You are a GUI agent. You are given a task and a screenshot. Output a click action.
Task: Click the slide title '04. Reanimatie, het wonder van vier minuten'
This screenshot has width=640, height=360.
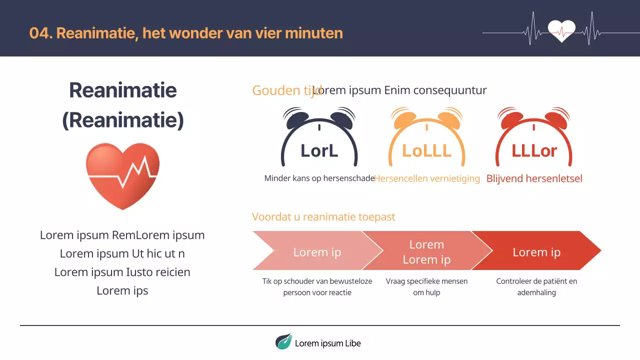pyautogui.click(x=186, y=33)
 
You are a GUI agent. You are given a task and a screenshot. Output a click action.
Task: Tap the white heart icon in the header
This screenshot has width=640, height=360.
pyautogui.click(x=561, y=30)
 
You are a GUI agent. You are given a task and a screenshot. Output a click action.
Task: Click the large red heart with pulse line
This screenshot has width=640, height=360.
pyautogui.click(x=122, y=175)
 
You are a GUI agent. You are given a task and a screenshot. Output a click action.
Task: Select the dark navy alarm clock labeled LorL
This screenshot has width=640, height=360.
pyautogui.click(x=319, y=137)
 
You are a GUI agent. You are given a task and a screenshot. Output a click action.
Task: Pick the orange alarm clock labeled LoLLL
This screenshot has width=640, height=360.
pyautogui.click(x=426, y=137)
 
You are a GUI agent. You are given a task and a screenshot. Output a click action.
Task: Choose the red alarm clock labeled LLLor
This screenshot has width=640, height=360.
pyautogui.click(x=534, y=137)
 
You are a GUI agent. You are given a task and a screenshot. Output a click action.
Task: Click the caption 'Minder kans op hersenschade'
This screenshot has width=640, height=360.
pyautogui.click(x=319, y=178)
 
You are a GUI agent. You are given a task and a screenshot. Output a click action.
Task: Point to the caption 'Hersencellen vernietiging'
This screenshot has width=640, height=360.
pyautogui.click(x=427, y=178)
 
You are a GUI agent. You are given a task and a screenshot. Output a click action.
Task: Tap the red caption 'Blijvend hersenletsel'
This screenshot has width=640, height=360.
pyautogui.click(x=534, y=178)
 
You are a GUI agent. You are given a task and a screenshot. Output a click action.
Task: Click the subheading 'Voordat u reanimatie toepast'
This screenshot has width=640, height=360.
pyautogui.click(x=323, y=217)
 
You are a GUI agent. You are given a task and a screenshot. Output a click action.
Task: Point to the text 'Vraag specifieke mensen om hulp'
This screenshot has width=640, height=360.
pyautogui.click(x=426, y=287)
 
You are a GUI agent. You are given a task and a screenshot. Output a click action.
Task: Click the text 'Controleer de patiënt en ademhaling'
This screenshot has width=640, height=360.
pyautogui.click(x=536, y=287)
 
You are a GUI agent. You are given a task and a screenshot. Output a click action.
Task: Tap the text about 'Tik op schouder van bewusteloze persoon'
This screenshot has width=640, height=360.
pyautogui.click(x=317, y=287)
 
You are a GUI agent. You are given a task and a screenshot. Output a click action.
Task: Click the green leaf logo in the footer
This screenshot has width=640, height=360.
pyautogui.click(x=283, y=341)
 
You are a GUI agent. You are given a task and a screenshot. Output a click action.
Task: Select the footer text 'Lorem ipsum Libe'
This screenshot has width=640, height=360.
pyautogui.click(x=327, y=343)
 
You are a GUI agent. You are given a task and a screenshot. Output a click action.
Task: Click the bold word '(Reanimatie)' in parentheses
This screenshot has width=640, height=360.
pyautogui.click(x=123, y=120)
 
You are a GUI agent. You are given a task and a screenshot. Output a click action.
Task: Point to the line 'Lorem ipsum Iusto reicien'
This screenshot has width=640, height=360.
pyautogui.click(x=122, y=272)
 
